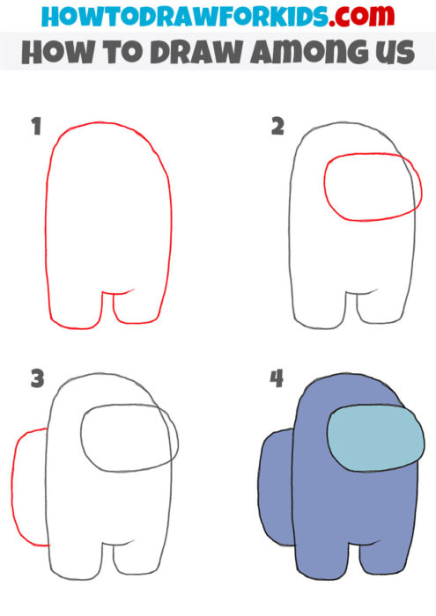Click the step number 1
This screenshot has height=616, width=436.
[36, 128]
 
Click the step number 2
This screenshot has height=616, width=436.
[277, 128]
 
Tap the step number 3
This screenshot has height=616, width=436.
[37, 379]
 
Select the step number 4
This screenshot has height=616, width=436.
[277, 379]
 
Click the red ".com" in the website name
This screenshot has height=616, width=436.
[372, 17]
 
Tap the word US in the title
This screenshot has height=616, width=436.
[393, 53]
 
